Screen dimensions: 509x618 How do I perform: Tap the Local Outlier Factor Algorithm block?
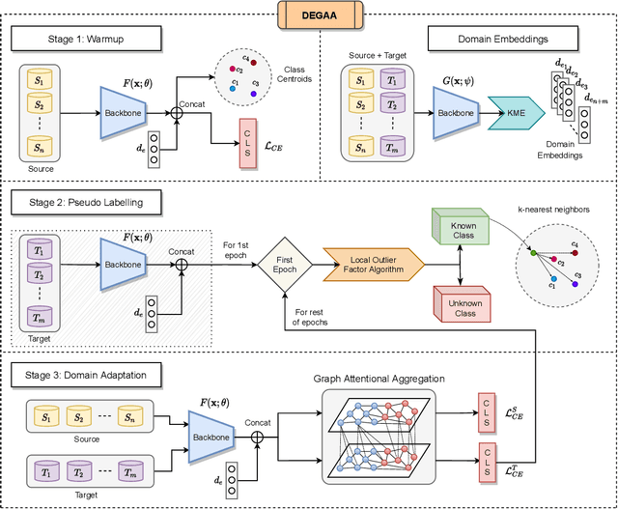coord(373,260)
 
